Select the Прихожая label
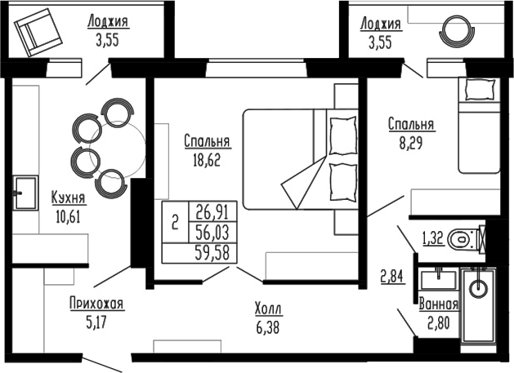[96, 304]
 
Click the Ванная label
[438, 305]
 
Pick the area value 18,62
[208, 159]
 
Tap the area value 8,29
[410, 142]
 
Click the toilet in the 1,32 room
[463, 239]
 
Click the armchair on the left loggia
[37, 34]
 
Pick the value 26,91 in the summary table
[212, 211]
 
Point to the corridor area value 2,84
[392, 275]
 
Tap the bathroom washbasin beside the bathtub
[439, 278]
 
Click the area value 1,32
[433, 239]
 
